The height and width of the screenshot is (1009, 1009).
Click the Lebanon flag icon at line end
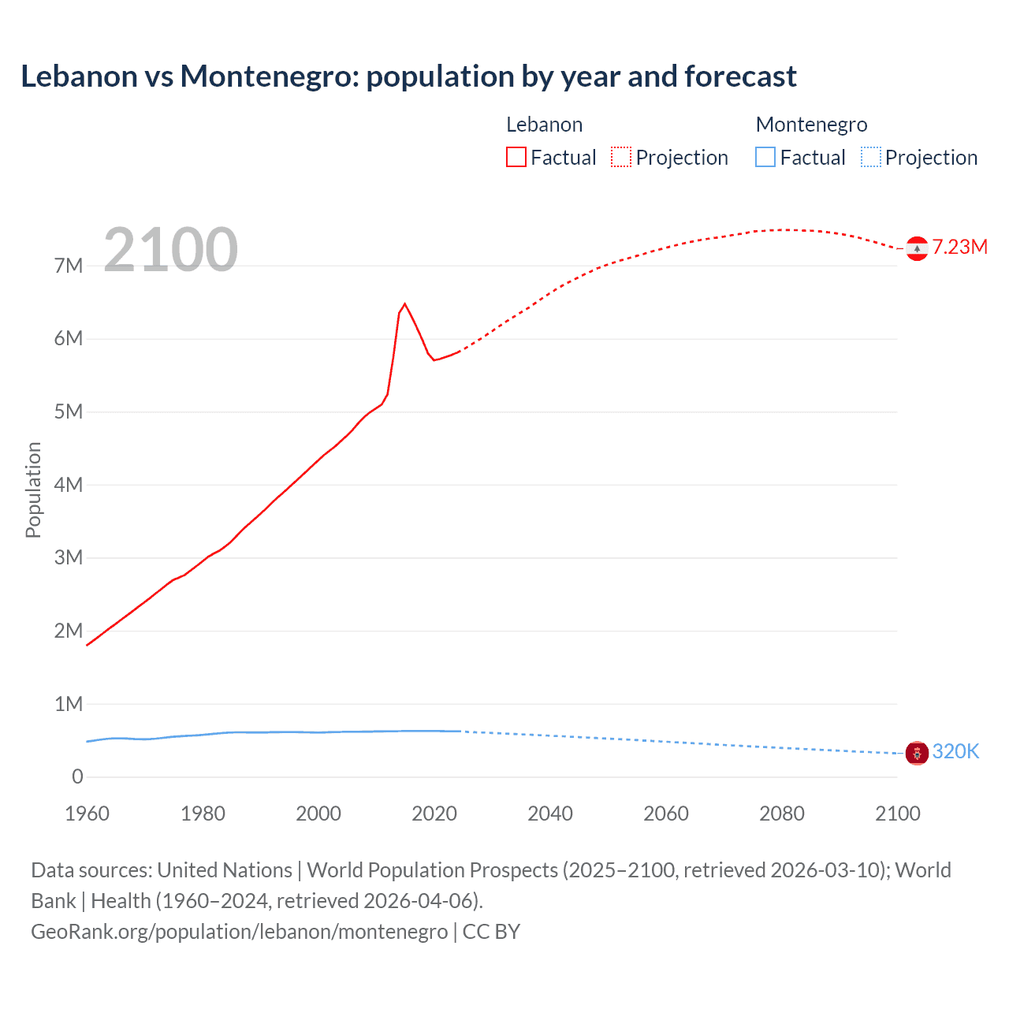[x=917, y=248]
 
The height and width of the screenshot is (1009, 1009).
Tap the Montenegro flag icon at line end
[x=917, y=753]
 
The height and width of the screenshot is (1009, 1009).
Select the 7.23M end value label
[x=959, y=247]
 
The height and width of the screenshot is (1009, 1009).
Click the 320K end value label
[x=955, y=751]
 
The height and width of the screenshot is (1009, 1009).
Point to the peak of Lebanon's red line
[x=404, y=303]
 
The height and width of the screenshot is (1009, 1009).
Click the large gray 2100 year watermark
[x=170, y=250]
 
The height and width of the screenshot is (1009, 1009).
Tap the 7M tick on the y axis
[x=69, y=266]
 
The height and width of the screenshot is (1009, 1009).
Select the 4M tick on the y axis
[x=69, y=485]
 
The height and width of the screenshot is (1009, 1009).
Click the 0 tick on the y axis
[x=77, y=776]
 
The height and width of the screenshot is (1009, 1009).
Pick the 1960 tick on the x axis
[x=87, y=814]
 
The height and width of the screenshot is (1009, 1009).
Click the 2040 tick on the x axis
[x=550, y=814]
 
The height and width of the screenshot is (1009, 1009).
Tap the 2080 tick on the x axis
[x=782, y=814]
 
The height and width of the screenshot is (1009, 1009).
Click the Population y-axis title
[x=33, y=490]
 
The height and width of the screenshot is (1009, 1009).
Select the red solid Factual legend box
[x=516, y=158]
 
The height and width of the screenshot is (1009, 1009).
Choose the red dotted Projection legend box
[x=621, y=158]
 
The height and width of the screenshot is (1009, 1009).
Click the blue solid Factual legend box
[x=765, y=158]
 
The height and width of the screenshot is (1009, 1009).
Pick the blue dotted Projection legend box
[x=870, y=158]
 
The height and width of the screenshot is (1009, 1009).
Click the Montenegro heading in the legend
[x=811, y=125]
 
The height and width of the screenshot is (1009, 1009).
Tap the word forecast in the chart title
[x=740, y=76]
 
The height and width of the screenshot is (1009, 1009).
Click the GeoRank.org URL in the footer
[x=239, y=932]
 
